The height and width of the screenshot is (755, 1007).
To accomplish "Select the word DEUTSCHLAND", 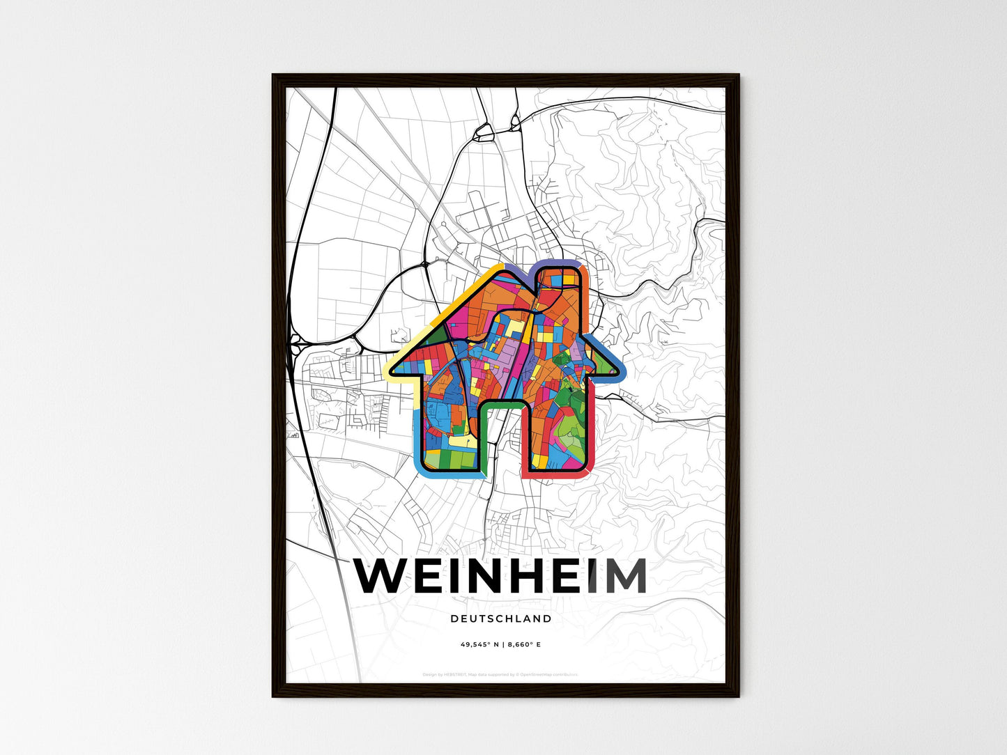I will tap(500, 618).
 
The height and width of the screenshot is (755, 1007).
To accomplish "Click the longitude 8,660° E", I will tap(523, 645).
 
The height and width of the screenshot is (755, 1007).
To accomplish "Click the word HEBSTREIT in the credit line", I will tap(452, 674).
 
